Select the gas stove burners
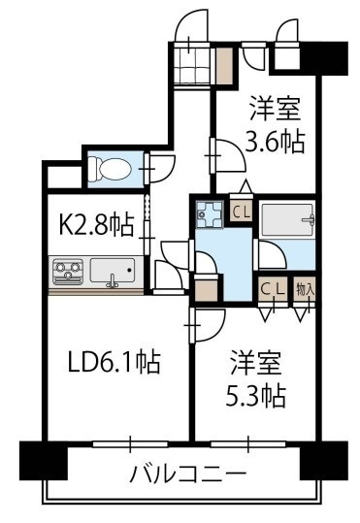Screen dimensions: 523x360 click(68, 269)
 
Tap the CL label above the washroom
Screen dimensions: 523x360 click(242, 208)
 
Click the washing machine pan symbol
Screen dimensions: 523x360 click(209, 213)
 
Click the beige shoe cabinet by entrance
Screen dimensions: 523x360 click(223, 64)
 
